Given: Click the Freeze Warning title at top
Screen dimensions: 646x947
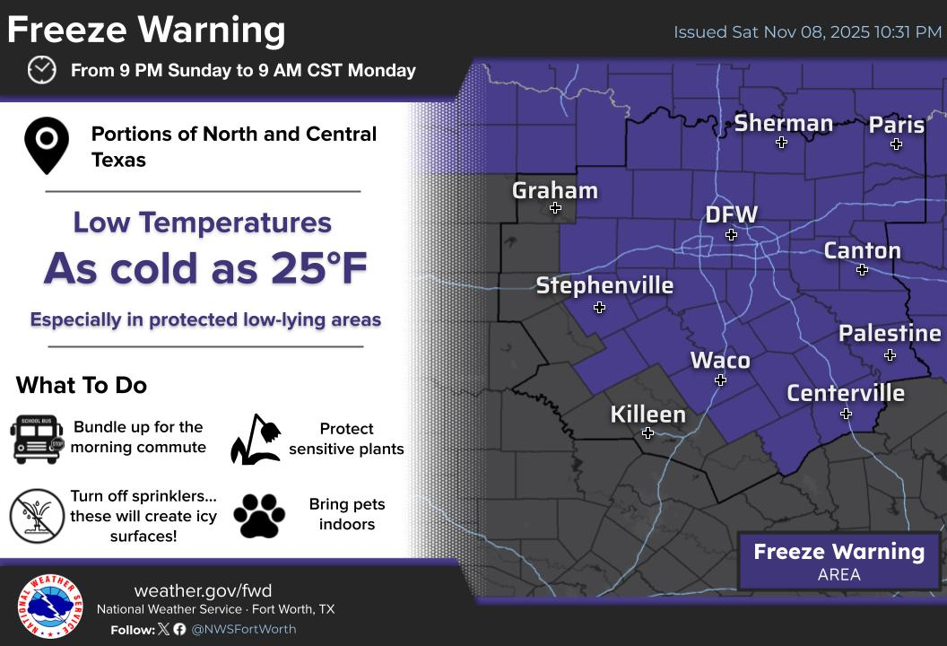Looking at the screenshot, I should [146, 30].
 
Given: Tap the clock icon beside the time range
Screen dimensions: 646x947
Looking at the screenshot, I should [41, 70].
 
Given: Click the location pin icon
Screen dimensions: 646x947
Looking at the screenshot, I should [47, 144].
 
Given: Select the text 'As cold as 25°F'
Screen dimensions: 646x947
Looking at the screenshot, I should [205, 267].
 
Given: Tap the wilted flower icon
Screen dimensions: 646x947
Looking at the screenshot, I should [256, 440].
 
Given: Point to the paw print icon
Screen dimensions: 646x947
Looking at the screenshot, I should [259, 516].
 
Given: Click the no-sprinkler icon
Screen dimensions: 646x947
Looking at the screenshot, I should [38, 516].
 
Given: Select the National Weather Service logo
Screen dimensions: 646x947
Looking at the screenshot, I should [50, 607].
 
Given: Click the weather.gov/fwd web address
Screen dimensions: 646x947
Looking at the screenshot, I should [203, 590].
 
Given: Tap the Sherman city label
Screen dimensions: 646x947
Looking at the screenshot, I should [783, 123].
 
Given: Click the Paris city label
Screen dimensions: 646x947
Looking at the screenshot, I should [896, 125].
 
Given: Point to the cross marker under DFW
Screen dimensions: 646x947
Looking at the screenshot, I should [731, 235].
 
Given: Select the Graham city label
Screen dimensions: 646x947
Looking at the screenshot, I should [554, 190].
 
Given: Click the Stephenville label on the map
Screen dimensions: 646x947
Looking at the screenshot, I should [604, 285].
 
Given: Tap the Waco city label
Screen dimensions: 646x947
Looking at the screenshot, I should [719, 360].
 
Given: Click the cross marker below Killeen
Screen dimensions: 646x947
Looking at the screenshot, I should [647, 433].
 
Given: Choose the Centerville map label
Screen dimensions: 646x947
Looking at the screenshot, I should [845, 393].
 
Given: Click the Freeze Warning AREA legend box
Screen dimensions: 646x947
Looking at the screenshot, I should [838, 562].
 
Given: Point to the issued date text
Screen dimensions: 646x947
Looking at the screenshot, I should [807, 32].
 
